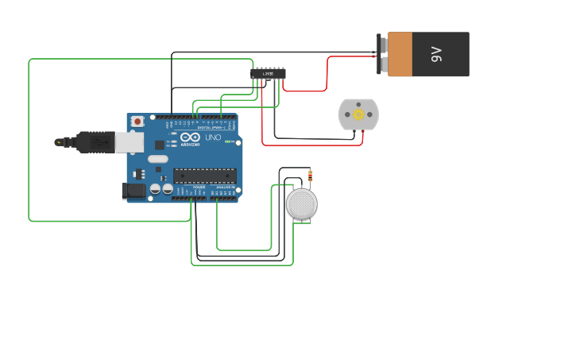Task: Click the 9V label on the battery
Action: [x=436, y=54]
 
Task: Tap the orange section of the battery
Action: [x=400, y=54]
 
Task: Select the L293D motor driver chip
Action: [x=269, y=73]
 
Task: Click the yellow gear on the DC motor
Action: [x=358, y=115]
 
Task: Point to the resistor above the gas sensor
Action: [x=310, y=176]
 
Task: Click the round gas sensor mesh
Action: [x=302, y=204]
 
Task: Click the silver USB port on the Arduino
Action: [x=130, y=142]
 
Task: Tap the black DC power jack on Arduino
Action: [x=132, y=190]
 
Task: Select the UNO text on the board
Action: [x=213, y=137]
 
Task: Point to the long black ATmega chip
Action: [x=204, y=175]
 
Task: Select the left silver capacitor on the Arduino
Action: [x=155, y=189]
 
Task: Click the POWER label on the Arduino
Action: [x=198, y=187]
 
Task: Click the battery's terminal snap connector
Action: [x=383, y=54]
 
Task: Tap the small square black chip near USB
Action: [x=160, y=145]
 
